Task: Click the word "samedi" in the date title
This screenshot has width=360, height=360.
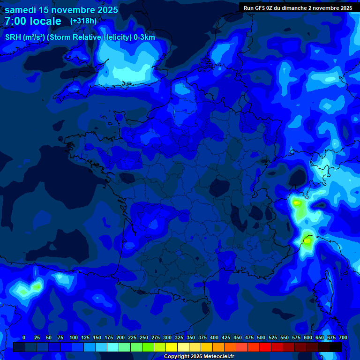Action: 21,10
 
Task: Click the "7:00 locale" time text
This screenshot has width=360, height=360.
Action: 33,22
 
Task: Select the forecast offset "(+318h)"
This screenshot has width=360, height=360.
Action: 83,21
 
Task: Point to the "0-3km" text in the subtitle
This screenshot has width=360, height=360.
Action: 144,37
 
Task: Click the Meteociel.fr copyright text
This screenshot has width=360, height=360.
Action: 199,357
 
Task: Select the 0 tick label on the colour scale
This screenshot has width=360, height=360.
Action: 24,338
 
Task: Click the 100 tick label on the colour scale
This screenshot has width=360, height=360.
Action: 74,338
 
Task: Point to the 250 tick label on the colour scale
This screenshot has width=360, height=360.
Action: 144,338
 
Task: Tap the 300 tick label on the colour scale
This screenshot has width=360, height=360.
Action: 167,338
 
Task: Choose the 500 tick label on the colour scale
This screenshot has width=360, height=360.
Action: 261,338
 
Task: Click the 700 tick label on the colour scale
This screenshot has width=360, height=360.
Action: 343,338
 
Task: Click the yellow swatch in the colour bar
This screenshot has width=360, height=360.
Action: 172,347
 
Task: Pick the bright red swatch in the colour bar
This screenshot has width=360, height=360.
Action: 265,347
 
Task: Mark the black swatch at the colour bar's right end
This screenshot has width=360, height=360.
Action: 336,347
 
